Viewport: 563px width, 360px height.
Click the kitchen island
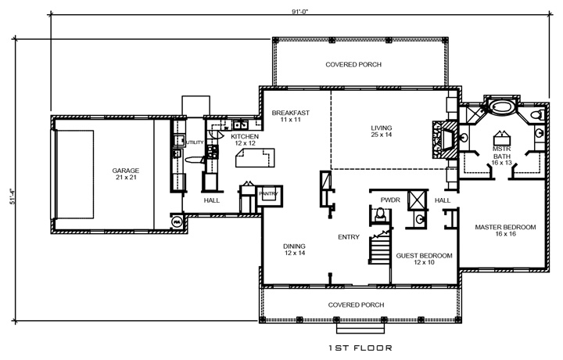255,160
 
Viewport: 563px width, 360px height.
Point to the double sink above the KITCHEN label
240,124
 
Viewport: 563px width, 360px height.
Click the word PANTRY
270,192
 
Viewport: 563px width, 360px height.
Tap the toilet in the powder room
375,217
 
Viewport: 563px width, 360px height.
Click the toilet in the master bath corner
536,116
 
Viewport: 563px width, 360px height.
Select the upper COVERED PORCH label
353,65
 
